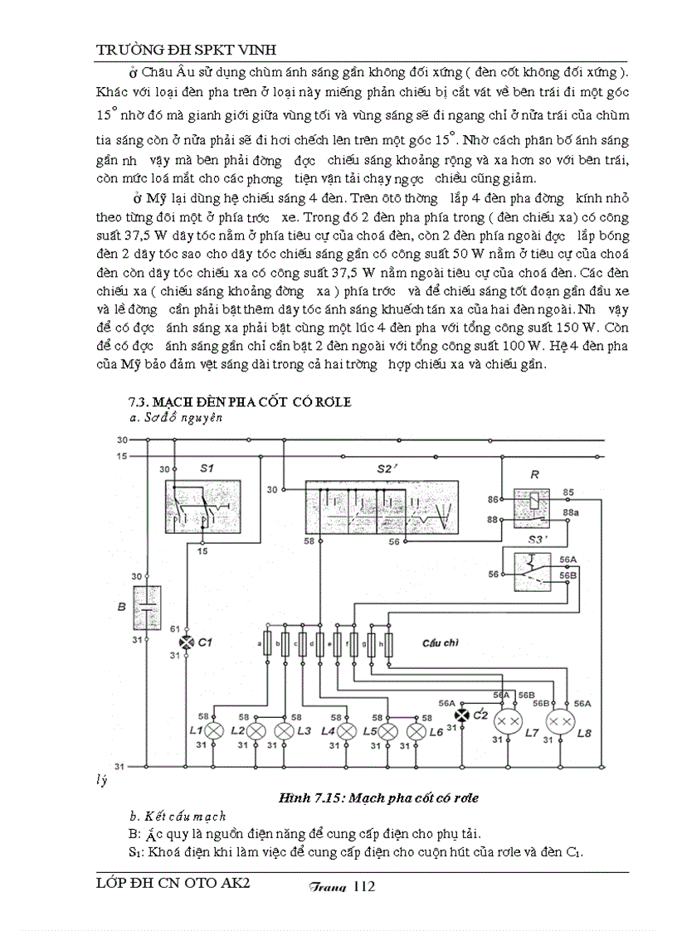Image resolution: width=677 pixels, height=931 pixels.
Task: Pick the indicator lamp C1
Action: (186, 642)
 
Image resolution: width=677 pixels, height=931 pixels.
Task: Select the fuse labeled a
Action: (266, 643)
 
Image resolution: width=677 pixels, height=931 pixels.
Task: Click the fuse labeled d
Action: (319, 643)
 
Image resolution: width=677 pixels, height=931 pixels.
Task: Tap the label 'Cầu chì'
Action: (441, 642)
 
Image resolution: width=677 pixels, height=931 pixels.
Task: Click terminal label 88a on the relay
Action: (571, 515)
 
